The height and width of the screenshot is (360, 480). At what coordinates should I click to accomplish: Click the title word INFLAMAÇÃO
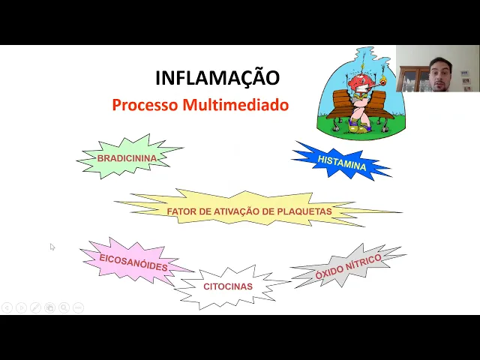217,78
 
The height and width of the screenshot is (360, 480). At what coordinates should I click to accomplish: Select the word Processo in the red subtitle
145,105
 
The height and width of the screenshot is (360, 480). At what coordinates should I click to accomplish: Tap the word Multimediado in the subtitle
235,105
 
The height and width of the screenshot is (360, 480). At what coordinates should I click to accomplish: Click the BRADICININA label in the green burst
127,158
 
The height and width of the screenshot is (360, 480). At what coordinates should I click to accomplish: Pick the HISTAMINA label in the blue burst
342,162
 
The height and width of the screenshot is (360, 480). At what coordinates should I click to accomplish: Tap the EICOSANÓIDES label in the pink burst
133,262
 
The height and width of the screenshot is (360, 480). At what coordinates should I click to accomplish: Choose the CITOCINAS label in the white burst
228,286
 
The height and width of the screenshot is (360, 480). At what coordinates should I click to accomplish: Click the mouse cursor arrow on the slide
52,246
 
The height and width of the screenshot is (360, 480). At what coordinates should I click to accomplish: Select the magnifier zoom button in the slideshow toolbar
64,307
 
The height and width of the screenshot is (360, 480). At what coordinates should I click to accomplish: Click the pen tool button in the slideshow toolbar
35,307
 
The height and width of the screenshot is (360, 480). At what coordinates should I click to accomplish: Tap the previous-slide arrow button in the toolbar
7,307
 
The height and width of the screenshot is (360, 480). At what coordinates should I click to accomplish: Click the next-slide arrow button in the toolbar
21,307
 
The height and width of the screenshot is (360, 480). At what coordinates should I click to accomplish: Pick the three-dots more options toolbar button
78,307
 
